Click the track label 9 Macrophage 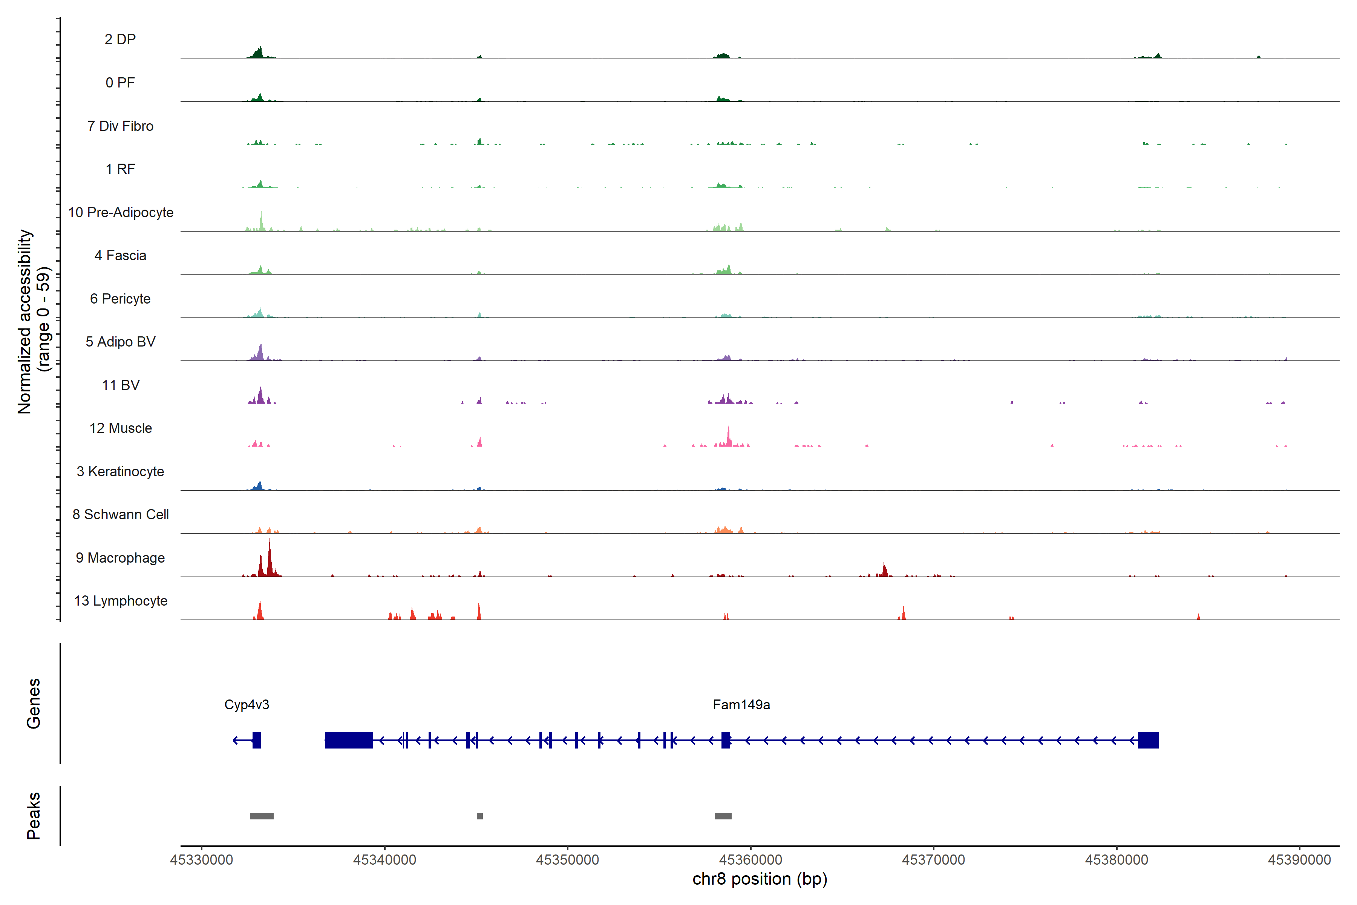point(120,558)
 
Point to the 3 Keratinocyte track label point(120,472)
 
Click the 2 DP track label point(120,39)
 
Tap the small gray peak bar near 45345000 point(479,816)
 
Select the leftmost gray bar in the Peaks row point(261,816)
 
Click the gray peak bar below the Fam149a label point(723,816)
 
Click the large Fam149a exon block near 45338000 point(348,740)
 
